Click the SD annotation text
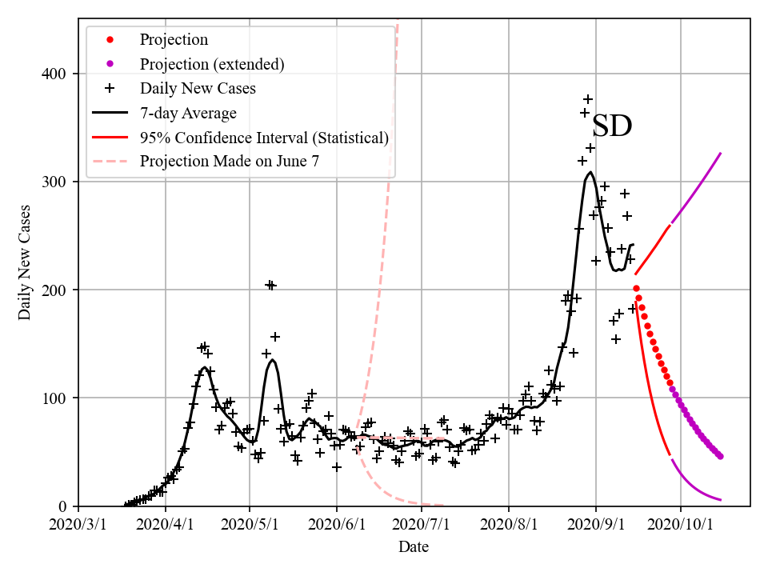[612, 126]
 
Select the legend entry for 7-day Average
[188, 113]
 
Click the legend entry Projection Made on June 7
[230, 162]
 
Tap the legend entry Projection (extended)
[212, 64]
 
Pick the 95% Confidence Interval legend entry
[264, 138]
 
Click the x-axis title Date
[414, 547]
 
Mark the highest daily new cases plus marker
[588, 99]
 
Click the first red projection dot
[636, 289]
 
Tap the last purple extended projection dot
[720, 456]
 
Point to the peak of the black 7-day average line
[590, 172]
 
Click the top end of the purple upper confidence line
[721, 154]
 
